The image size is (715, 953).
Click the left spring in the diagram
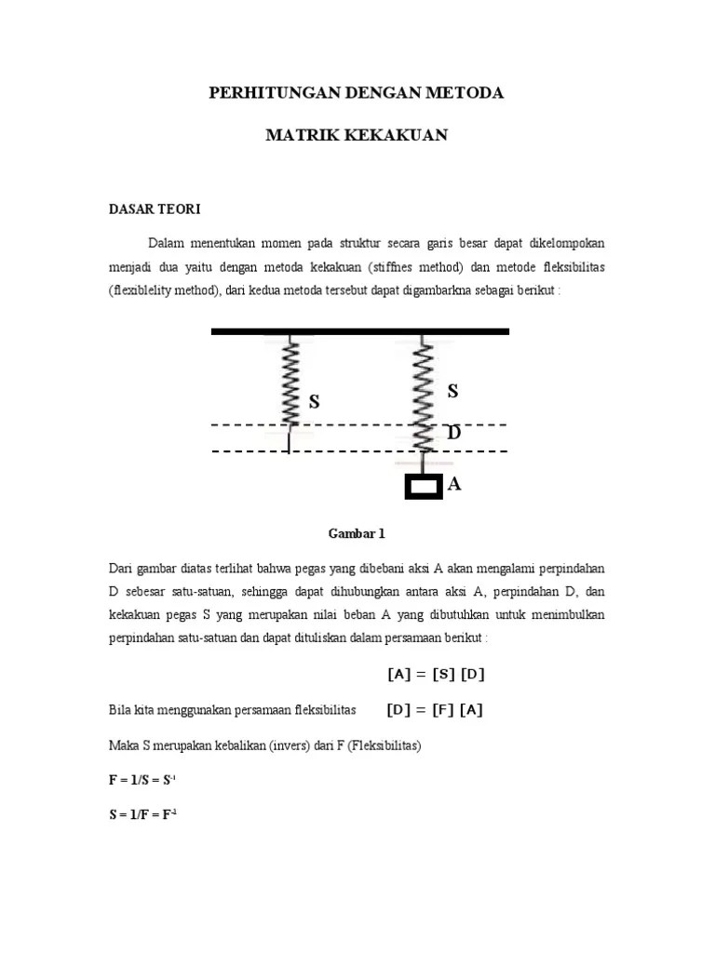(289, 383)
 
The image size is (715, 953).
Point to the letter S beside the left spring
(315, 402)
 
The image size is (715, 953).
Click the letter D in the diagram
(453, 434)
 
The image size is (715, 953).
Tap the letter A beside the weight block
(454, 484)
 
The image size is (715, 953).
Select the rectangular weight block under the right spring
(423, 486)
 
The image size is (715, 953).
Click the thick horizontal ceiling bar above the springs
(359, 330)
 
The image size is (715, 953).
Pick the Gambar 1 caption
(356, 534)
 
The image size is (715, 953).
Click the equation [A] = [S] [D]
(436, 675)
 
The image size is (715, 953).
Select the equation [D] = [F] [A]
(435, 710)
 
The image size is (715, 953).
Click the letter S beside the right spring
(453, 392)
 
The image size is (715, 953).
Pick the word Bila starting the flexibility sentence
(121, 711)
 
